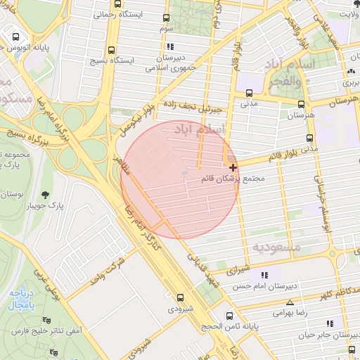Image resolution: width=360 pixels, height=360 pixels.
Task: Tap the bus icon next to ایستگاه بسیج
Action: coord(112,50)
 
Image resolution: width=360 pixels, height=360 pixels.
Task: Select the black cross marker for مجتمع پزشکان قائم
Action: coord(233,167)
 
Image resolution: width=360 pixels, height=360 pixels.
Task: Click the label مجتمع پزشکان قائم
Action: coord(238,179)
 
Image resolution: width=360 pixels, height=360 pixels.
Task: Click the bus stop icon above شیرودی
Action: coord(181,297)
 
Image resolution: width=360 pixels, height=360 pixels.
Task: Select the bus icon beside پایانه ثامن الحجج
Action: coord(229,316)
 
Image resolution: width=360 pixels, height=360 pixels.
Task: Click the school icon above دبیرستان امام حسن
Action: coord(264,276)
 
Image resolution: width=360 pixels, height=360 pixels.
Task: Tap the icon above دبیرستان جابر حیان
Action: coord(329,323)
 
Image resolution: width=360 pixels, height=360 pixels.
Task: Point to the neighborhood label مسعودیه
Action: coord(276,247)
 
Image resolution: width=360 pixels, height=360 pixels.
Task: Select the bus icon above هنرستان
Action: coord(301,103)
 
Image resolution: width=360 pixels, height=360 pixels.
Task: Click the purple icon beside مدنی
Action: coord(248,91)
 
